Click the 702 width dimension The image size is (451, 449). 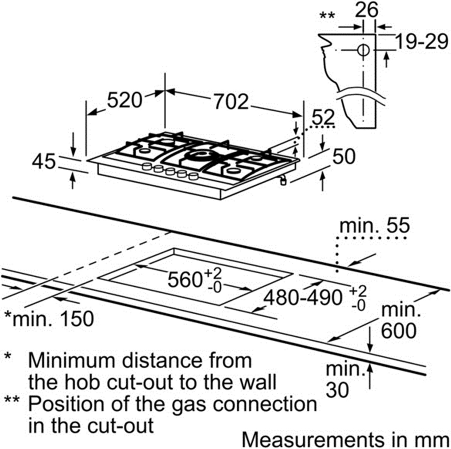tap(231, 102)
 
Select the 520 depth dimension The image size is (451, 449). tap(124, 100)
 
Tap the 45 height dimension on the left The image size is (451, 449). tap(44, 161)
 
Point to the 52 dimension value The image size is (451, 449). tap(323, 117)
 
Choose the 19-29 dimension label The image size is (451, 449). tap(421, 42)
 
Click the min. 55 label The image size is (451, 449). tap(374, 225)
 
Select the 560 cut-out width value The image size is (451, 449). tap(184, 279)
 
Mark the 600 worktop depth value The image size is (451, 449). tap(399, 331)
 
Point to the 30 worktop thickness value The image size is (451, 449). tap(337, 390)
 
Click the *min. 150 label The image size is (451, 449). tap(49, 319)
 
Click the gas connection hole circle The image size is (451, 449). tap(364, 50)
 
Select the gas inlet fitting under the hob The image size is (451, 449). tap(283, 181)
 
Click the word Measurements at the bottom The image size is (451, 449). tap(313, 440)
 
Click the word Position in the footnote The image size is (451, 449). tap(68, 404)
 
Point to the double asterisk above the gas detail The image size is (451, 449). tap(327, 15)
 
